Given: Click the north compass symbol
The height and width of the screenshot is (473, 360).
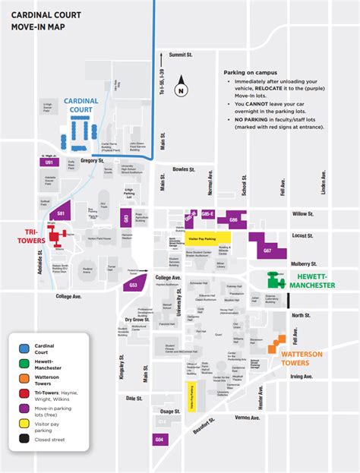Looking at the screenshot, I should [180, 88].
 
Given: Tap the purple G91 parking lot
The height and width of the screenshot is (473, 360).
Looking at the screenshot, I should [49, 162].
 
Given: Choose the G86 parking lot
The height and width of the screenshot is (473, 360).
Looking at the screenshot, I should [234, 219].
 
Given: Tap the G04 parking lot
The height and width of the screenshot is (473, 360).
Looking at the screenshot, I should [159, 439].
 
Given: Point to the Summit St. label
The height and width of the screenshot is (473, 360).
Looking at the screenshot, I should [182, 55].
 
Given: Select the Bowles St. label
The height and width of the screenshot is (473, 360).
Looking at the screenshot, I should [184, 169].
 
